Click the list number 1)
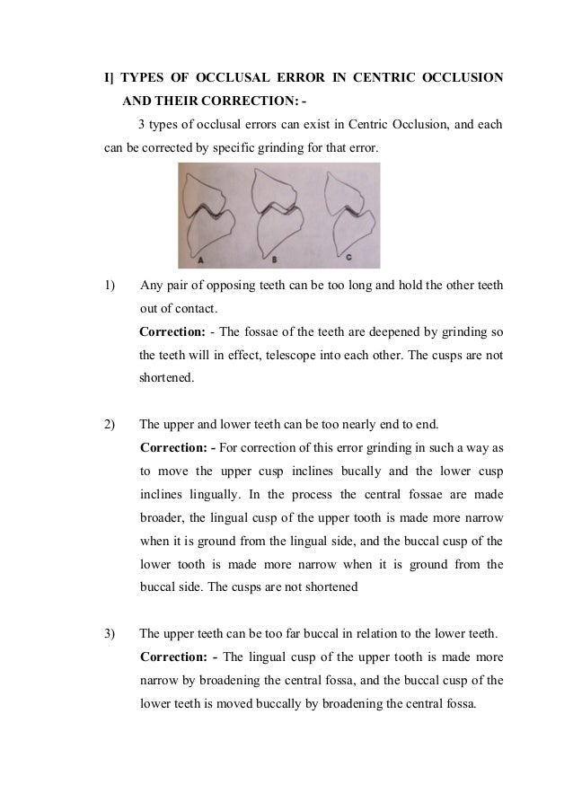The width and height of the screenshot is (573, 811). pos(110,287)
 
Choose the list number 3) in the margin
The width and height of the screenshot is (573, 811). pos(110,632)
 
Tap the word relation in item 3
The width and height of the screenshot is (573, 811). pos(362,632)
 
